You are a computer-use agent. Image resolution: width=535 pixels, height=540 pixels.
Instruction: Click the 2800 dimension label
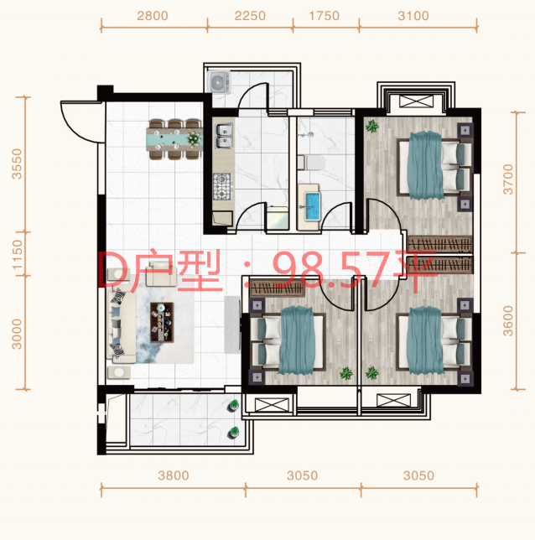[x=153, y=16]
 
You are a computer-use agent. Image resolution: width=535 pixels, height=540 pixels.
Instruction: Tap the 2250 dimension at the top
[x=250, y=16]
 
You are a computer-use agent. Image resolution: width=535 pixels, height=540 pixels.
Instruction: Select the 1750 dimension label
[x=325, y=16]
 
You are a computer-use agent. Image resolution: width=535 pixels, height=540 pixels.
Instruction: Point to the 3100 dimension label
[x=413, y=16]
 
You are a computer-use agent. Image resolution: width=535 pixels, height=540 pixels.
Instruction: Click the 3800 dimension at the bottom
[x=174, y=475]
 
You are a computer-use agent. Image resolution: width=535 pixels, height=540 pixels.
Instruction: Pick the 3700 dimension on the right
[x=508, y=179]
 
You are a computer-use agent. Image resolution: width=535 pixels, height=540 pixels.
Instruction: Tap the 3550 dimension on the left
[x=17, y=164]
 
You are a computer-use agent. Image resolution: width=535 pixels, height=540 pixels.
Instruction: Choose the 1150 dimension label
[x=17, y=255]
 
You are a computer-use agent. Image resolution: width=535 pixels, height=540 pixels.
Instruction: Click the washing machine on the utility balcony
[x=219, y=82]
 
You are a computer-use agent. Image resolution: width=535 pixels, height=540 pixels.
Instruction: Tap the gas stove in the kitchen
[x=222, y=187]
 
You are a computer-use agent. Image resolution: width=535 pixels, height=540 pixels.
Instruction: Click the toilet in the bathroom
[x=311, y=163]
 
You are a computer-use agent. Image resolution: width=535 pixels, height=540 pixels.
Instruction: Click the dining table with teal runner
[x=174, y=139]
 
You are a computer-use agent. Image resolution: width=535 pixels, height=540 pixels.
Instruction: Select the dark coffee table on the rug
[x=162, y=322]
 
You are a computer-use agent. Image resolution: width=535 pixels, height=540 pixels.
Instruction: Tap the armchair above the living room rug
[x=161, y=274]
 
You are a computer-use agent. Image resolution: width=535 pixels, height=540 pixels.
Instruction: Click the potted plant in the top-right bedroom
[x=372, y=127]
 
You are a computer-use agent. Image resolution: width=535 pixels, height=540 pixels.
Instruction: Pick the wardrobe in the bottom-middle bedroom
[x=278, y=288]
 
